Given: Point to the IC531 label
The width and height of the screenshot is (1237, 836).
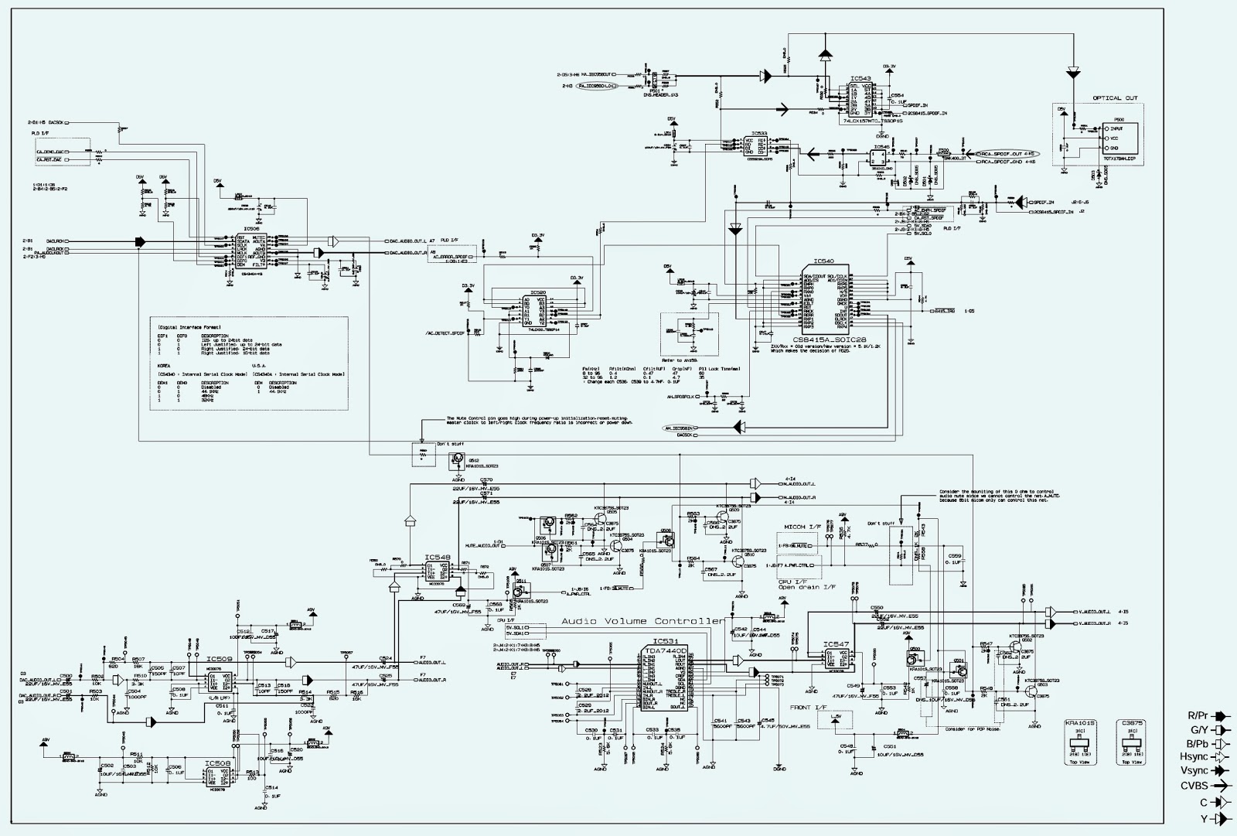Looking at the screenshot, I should (x=665, y=641).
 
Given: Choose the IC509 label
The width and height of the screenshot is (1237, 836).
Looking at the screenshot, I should (x=216, y=659).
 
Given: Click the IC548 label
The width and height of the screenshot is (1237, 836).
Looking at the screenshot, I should (x=437, y=557).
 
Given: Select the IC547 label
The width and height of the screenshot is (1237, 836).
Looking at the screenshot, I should (x=836, y=643).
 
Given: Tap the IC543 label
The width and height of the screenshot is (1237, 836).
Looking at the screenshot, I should (x=860, y=79).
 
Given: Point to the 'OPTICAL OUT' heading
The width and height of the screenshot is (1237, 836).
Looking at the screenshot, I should (x=1115, y=98).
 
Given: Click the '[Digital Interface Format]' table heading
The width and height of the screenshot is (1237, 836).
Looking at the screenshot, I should (x=180, y=327).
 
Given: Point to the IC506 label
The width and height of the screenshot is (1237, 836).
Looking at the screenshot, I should (x=251, y=229).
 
